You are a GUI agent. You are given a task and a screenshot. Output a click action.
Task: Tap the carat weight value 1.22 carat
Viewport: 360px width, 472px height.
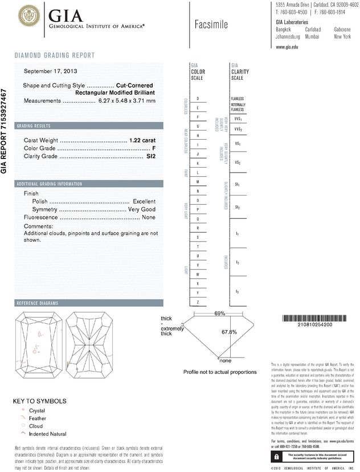point(143,140)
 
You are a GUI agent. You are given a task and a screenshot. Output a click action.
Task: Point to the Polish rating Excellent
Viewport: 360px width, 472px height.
point(144,201)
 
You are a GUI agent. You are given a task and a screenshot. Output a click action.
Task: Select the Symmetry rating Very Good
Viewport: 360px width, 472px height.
point(142,210)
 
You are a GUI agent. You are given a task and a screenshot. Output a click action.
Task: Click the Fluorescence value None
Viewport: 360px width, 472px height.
point(149,218)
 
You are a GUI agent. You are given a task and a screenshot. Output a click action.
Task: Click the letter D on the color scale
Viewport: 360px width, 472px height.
point(198,99)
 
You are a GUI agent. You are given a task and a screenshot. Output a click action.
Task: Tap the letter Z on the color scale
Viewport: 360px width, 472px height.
point(198,302)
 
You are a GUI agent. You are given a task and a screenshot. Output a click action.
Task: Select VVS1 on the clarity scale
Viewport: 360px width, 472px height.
point(238,120)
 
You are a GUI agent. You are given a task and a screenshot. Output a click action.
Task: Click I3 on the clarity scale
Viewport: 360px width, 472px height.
point(237,292)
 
